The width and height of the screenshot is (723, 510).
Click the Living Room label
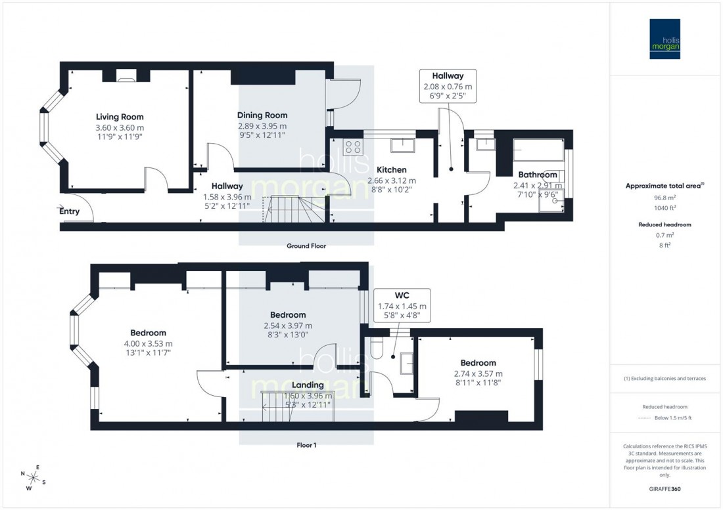click(x=120, y=117)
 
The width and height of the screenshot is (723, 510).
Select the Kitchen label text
click(x=391, y=169)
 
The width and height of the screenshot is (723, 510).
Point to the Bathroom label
click(x=538, y=175)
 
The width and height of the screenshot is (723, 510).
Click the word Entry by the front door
click(x=69, y=211)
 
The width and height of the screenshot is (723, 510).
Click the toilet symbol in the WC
click(x=376, y=348)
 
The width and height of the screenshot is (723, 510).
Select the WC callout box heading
click(x=402, y=295)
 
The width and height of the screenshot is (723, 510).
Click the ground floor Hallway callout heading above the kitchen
click(x=448, y=75)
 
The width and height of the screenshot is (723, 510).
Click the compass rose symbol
click(x=34, y=477)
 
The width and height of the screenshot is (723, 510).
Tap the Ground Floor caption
click(x=306, y=246)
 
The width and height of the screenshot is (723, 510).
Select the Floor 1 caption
click(x=306, y=445)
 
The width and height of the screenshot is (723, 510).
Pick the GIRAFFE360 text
click(x=666, y=490)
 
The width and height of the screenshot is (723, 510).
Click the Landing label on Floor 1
click(x=308, y=385)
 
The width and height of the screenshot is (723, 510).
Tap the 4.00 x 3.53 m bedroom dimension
click(x=148, y=343)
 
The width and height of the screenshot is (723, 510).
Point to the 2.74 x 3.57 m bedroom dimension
click(x=478, y=373)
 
